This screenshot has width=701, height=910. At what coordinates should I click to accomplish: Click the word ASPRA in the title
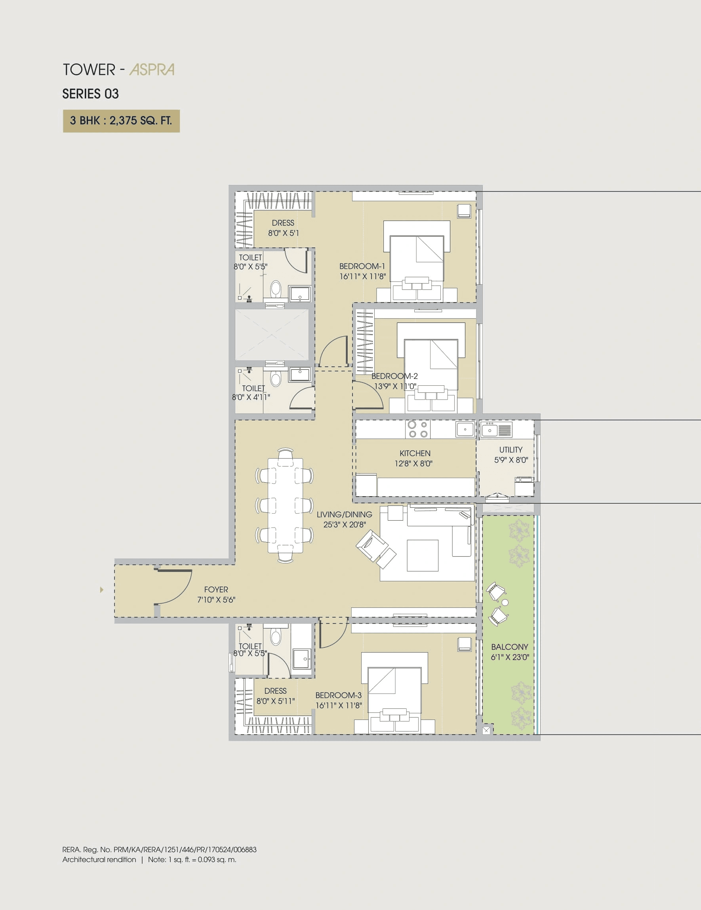[152, 70]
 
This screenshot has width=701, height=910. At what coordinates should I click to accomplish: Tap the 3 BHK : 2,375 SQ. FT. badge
[121, 121]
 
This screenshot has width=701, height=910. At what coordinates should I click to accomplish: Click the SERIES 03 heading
[90, 94]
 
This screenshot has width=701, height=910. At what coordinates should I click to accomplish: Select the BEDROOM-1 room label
[362, 266]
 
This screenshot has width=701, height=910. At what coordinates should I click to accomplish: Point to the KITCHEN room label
[415, 453]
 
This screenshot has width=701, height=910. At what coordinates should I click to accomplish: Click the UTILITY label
[511, 449]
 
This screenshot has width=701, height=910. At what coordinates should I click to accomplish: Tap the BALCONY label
[509, 647]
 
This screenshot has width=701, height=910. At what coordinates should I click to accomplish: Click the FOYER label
[216, 589]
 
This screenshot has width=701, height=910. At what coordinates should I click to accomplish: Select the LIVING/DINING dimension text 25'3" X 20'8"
[345, 525]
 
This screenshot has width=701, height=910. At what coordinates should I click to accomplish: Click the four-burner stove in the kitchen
[417, 429]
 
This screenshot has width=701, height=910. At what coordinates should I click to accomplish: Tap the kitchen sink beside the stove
[465, 429]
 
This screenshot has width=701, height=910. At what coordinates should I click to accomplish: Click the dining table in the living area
[285, 505]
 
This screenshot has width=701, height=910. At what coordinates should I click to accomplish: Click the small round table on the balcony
[505, 602]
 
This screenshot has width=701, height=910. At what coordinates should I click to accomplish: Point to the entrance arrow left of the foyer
[101, 590]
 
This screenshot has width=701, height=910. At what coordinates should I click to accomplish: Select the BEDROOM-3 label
[338, 695]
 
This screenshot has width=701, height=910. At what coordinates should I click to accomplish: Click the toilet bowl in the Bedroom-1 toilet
[276, 288]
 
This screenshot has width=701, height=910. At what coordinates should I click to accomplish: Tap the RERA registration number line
[159, 849]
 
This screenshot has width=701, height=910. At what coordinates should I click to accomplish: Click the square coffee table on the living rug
[423, 555]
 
